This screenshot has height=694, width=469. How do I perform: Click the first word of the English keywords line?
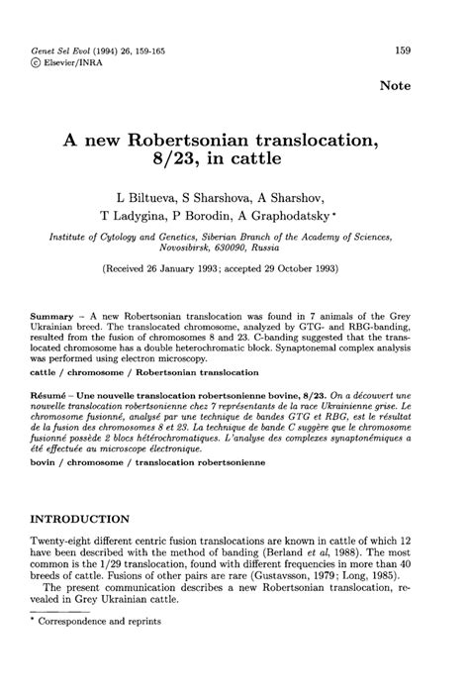(47, 374)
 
